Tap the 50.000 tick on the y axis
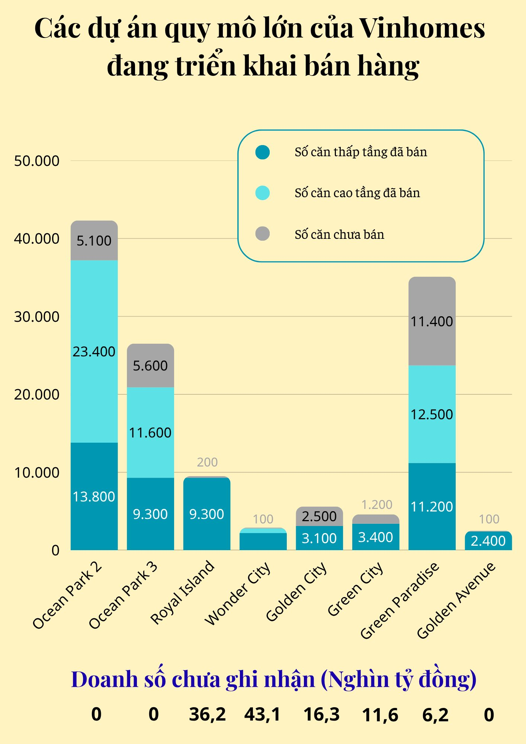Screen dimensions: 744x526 pyautogui.click(x=36, y=161)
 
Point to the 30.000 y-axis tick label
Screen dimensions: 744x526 pyautogui.click(x=36, y=317)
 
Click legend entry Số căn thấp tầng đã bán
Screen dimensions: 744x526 pyautogui.click(x=360, y=152)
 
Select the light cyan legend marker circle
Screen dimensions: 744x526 pyautogui.click(x=263, y=193)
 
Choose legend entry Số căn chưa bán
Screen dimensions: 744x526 pyautogui.click(x=339, y=235)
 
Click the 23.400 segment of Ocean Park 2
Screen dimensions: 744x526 pyautogui.click(x=94, y=352)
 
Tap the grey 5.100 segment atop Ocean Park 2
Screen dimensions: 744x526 pyautogui.click(x=94, y=241)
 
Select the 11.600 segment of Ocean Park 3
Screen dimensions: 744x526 pyautogui.click(x=150, y=433)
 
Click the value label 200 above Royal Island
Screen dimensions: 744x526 pyautogui.click(x=207, y=462)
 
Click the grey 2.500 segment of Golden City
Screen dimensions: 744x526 pyautogui.click(x=319, y=516)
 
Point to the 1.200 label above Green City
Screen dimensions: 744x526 pyautogui.click(x=377, y=505)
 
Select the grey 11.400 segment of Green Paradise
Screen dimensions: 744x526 pyautogui.click(x=432, y=321)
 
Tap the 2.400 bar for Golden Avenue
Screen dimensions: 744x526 pyautogui.click(x=488, y=541)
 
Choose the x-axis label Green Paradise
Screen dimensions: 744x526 pyautogui.click(x=400, y=601)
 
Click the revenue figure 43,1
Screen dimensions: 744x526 pyautogui.click(x=262, y=715)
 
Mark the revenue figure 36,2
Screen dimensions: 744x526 pyautogui.click(x=207, y=715)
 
